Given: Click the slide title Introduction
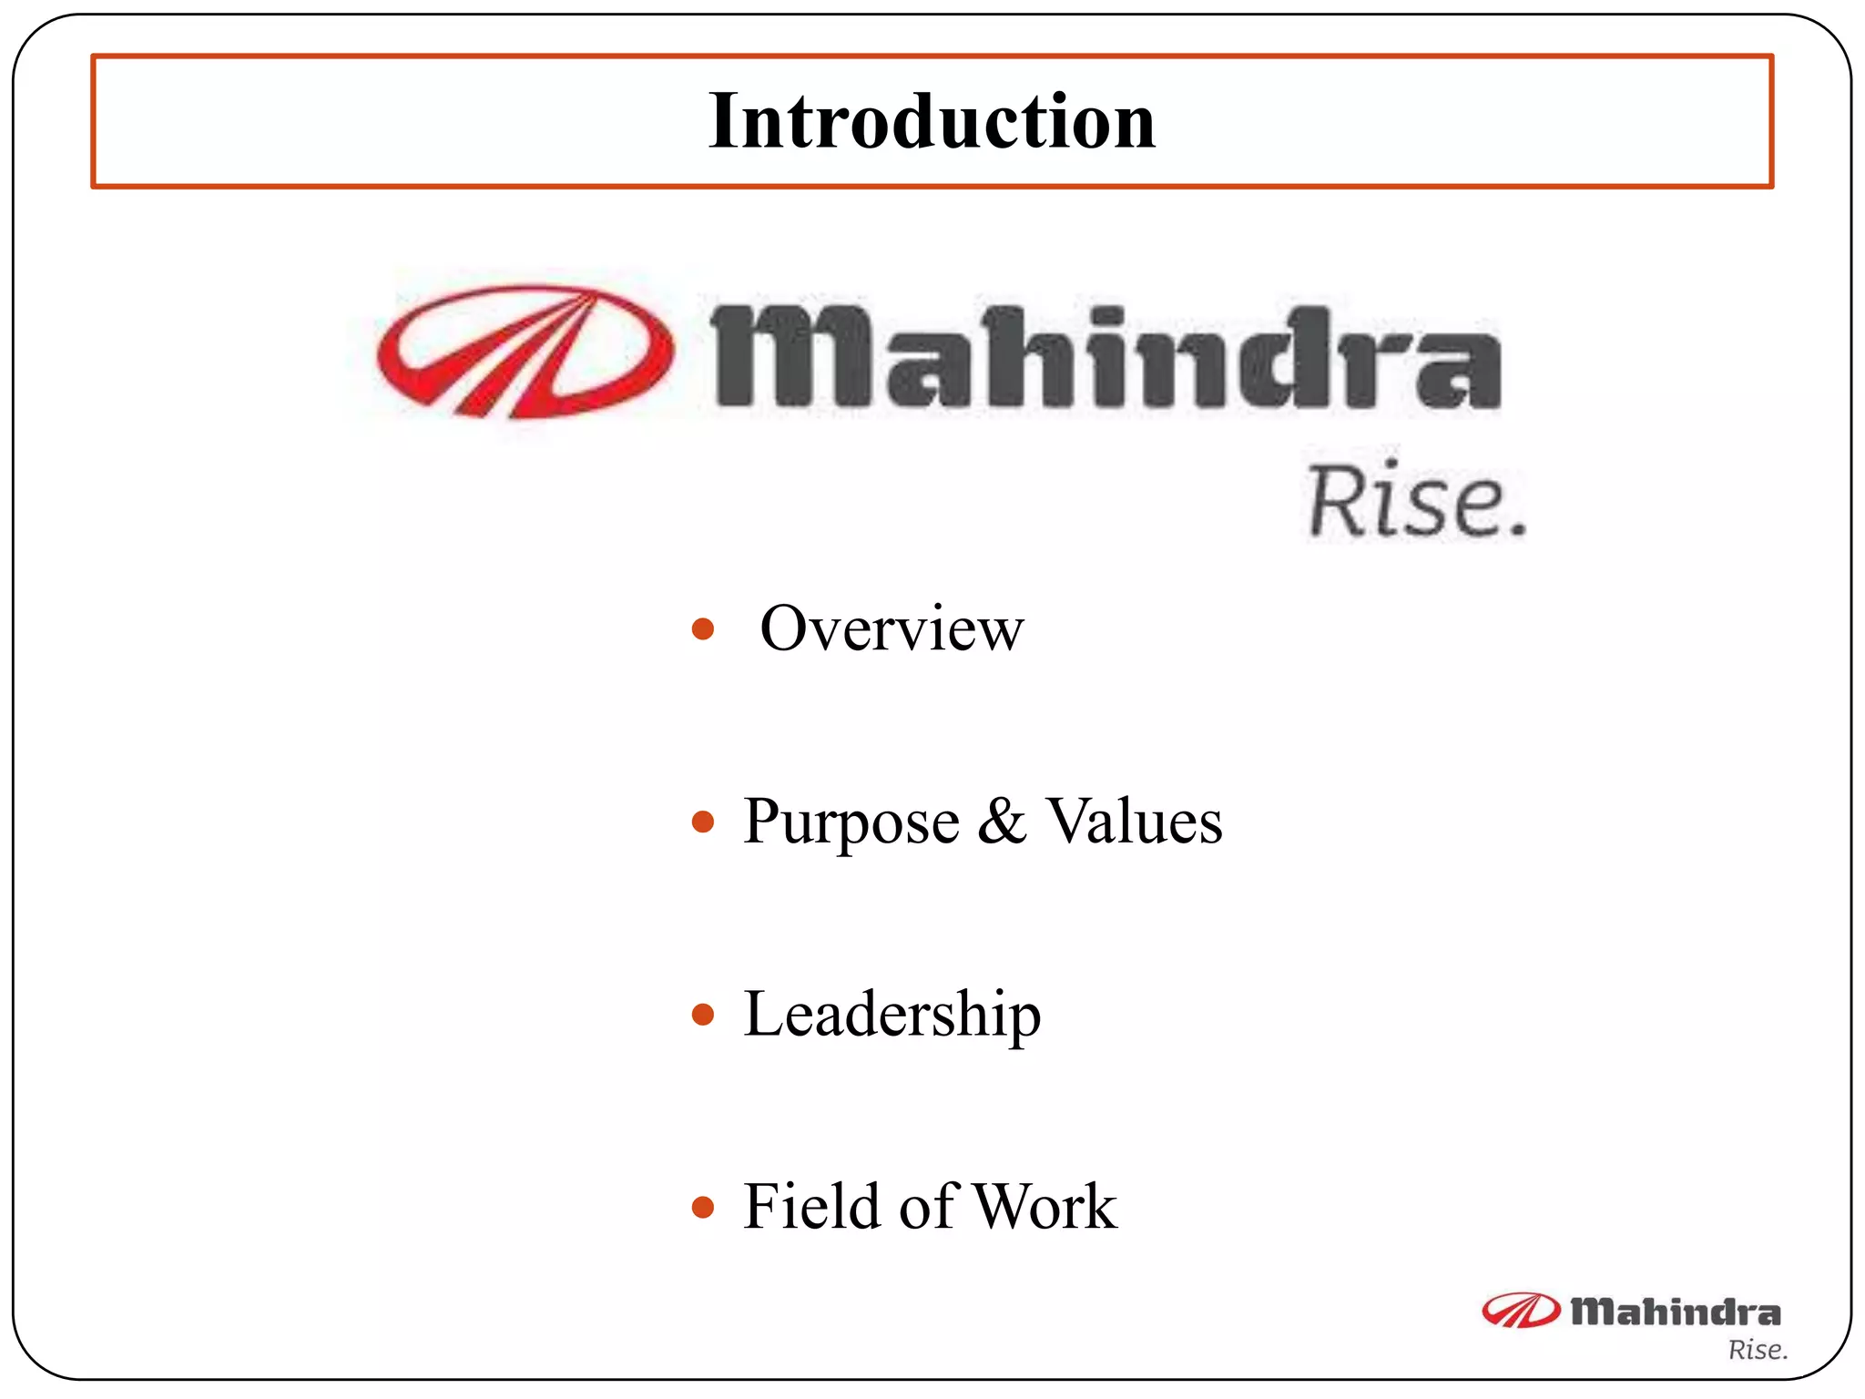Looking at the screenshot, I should coord(932,121).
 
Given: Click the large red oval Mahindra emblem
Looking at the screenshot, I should coord(525,352).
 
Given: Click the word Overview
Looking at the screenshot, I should coord(892,628).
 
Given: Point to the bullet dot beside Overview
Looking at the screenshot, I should coord(702,629).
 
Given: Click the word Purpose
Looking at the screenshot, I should coord(851,822).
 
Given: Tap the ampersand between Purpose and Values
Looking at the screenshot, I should coord(1002,821).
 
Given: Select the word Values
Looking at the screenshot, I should coord(1134,821).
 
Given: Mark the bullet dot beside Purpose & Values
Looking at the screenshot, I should coord(702,822).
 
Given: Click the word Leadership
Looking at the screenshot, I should coord(892,1015).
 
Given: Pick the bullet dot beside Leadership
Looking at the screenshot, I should coord(702,1015).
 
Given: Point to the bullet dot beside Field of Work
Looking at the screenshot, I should coord(702,1208).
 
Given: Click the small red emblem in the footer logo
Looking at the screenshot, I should coord(1519,1311).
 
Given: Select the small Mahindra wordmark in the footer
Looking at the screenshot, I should coord(1676,1312).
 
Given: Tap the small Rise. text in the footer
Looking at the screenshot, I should coord(1758,1350).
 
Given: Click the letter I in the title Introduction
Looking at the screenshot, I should coord(727,121).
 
